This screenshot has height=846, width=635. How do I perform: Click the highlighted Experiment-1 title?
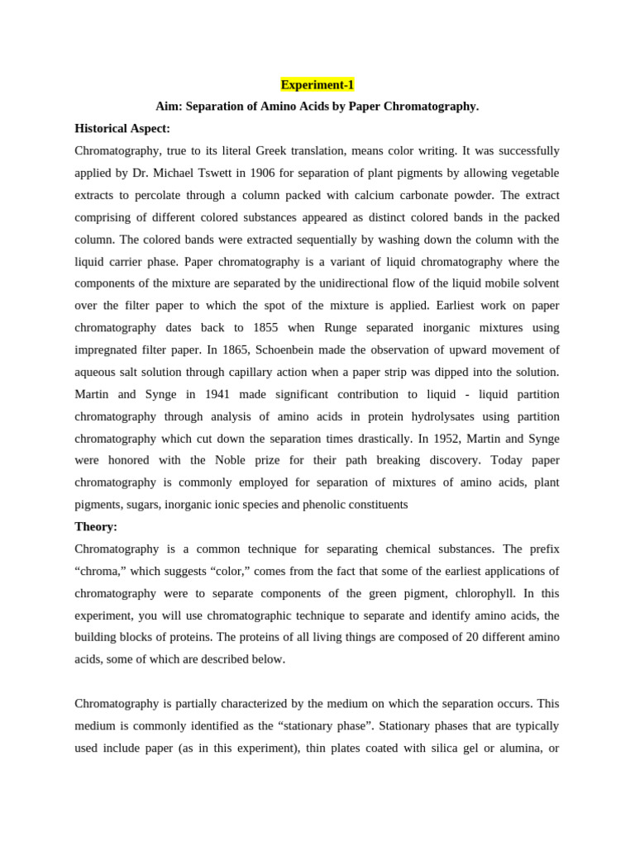pyautogui.click(x=317, y=84)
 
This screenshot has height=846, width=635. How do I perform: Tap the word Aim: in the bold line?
pyautogui.click(x=169, y=107)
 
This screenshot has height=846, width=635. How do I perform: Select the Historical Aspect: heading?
pyautogui.click(x=122, y=129)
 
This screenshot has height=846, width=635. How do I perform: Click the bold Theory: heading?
pyautogui.click(x=96, y=526)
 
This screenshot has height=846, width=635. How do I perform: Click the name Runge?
pyautogui.click(x=341, y=328)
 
